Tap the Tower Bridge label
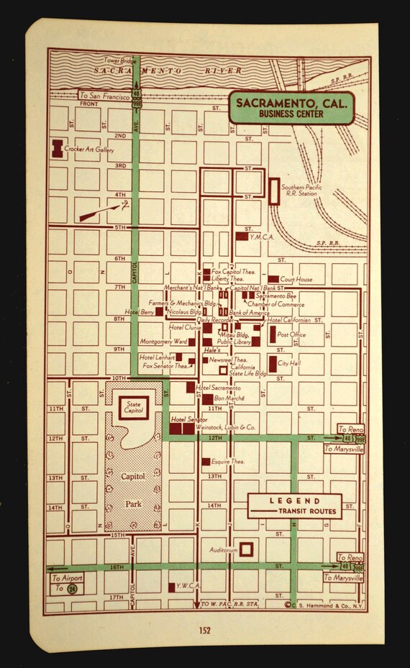click(119, 60)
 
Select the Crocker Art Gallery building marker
click(55, 149)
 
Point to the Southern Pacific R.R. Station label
click(301, 189)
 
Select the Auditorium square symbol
click(246, 549)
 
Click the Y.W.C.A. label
click(188, 586)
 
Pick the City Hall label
click(289, 364)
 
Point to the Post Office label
click(291, 334)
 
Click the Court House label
click(296, 278)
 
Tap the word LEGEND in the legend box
click(296, 500)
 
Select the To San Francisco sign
click(104, 95)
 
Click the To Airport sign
click(67, 577)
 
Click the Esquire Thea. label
click(228, 462)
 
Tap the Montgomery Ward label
click(163, 342)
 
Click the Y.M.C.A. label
click(262, 236)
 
